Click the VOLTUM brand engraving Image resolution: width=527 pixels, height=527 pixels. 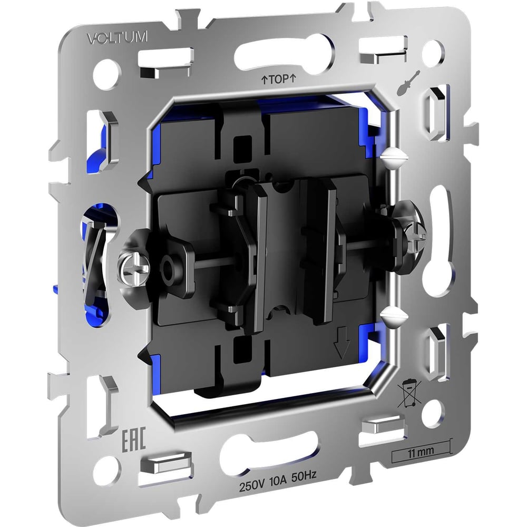coord(118,37)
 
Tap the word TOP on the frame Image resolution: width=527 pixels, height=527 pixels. coord(279,80)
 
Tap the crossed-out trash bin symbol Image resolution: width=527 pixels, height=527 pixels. coord(409,393)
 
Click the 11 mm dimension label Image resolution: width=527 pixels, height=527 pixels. coord(421,452)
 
